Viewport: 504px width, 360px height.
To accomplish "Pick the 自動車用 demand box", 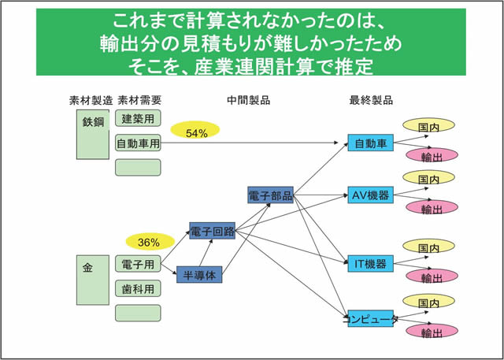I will [x=138, y=143].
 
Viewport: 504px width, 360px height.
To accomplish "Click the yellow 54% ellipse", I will [x=196, y=133].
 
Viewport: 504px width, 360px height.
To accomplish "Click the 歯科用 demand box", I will [x=138, y=288].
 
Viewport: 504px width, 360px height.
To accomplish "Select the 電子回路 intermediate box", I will [x=213, y=232].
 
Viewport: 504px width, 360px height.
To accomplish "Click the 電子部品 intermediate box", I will [x=270, y=195].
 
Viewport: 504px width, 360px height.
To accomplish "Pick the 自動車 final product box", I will [x=369, y=144].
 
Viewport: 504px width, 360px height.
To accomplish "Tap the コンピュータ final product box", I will [x=369, y=319].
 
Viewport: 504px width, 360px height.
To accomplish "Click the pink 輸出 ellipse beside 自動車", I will [x=432, y=156].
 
